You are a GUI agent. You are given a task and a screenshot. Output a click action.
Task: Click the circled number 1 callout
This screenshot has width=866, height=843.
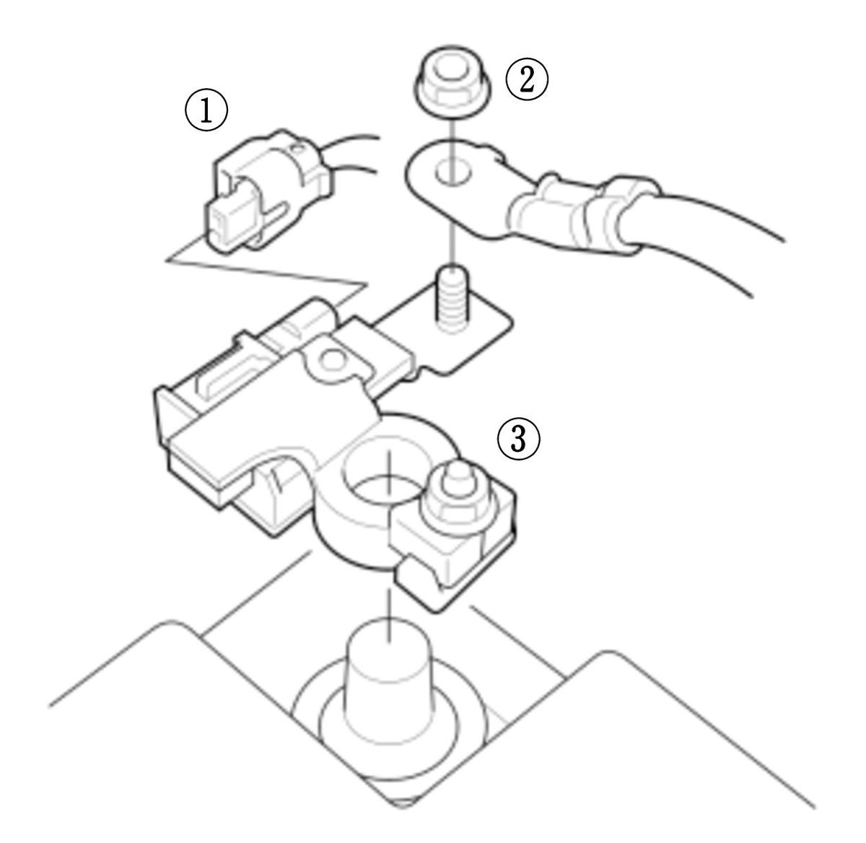coord(206,110)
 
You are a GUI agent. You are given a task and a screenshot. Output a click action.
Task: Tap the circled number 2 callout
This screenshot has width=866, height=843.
coord(526,79)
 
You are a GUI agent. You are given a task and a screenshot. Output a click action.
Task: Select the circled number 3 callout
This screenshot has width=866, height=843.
coord(518,439)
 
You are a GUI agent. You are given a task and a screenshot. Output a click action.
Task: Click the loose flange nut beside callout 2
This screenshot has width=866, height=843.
coord(453,82)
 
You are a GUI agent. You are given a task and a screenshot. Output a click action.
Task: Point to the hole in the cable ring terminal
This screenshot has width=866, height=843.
coord(453,172)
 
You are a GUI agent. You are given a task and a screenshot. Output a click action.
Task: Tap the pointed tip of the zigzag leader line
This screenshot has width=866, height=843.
coord(166,260)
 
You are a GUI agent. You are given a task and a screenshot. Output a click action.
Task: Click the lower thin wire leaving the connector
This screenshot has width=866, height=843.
coord(354,167)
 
